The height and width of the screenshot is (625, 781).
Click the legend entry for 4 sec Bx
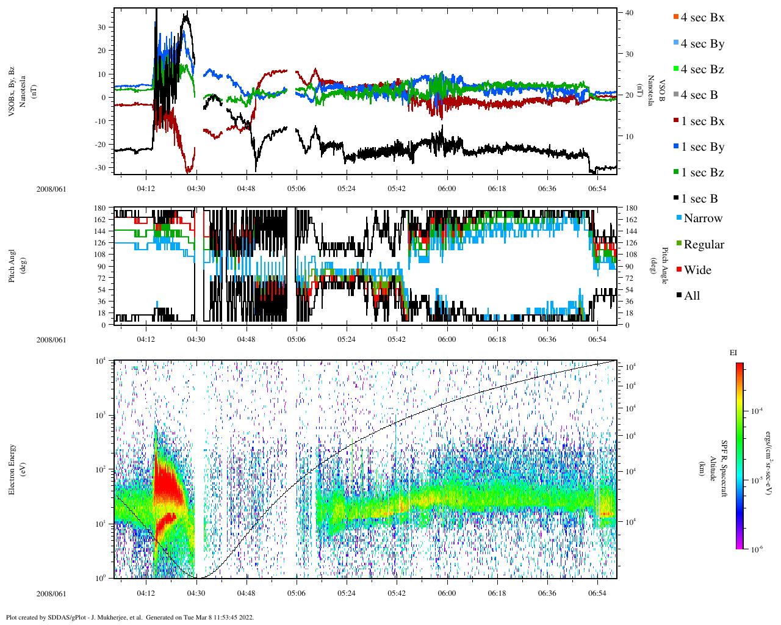click(702, 18)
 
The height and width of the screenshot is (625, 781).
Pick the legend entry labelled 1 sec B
click(699, 199)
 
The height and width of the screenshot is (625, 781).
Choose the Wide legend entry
click(697, 270)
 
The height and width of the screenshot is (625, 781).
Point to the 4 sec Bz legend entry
click(702, 70)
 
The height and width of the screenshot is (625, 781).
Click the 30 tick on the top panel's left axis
click(101, 27)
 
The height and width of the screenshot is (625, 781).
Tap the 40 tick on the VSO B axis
click(628, 13)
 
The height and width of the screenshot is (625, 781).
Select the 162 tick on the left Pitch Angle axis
click(100, 220)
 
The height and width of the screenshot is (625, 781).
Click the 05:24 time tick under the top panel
click(347, 189)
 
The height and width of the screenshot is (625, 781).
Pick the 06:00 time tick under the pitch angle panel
click(447, 339)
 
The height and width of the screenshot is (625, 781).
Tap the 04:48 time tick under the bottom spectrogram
click(247, 593)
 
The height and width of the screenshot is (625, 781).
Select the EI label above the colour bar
click(733, 353)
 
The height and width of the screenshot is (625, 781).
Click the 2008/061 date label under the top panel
click(51, 189)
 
